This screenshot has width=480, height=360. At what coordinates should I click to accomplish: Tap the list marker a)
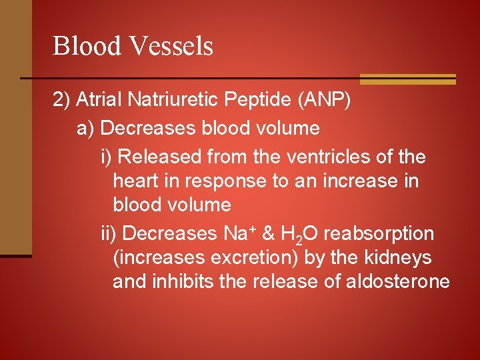86,127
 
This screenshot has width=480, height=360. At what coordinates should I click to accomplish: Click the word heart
133,181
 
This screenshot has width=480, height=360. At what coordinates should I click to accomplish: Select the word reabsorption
378,234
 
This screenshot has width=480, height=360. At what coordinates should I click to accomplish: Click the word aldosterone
398,281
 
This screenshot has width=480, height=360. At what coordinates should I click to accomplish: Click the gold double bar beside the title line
407,79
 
